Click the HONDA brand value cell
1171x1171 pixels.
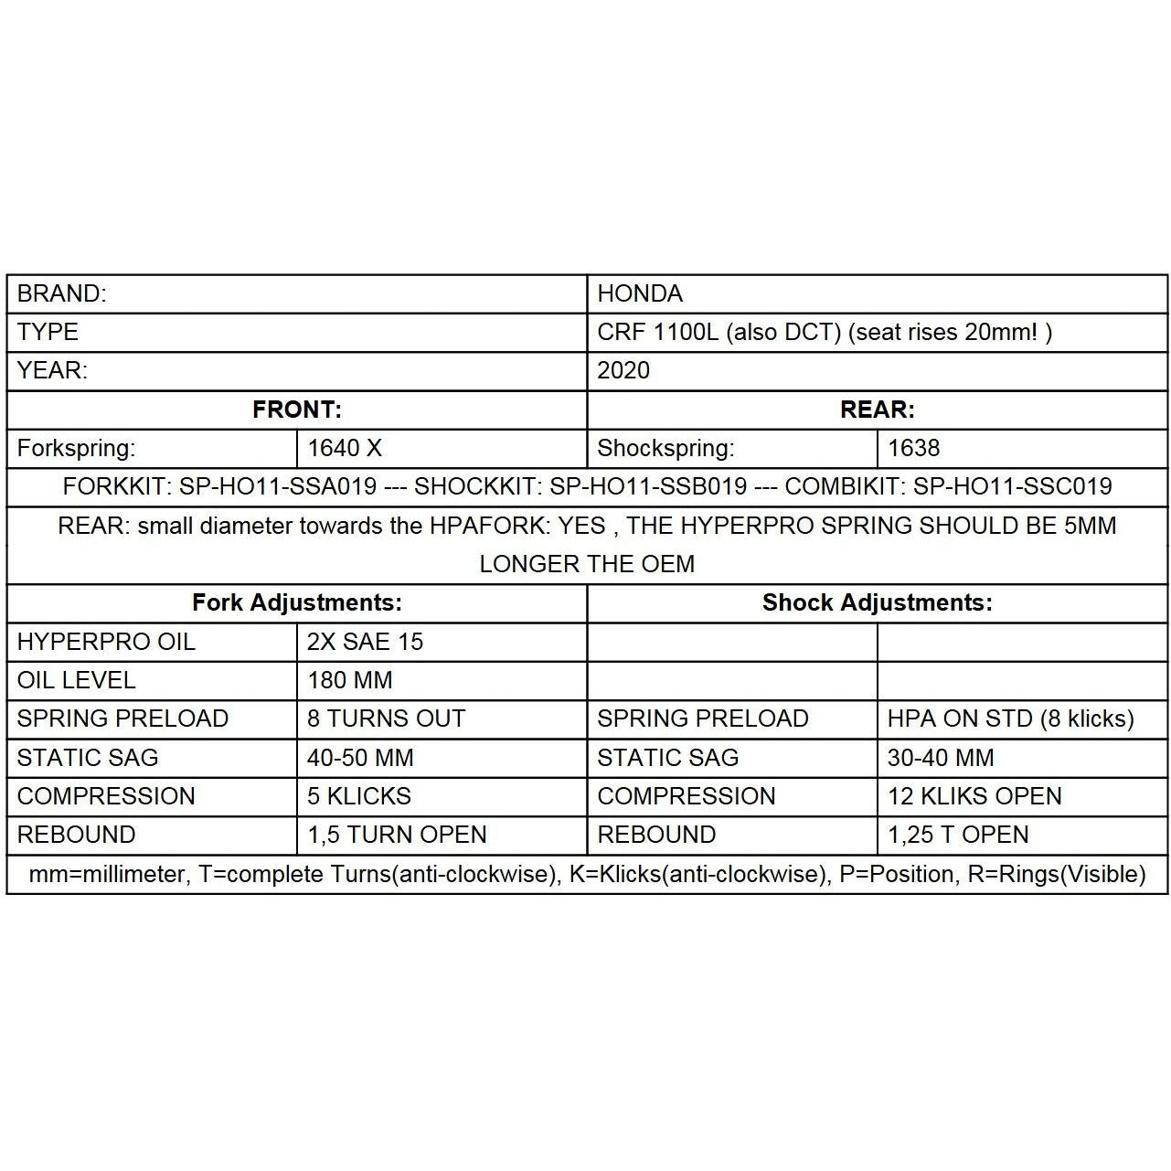(x=640, y=293)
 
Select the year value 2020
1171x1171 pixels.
(x=623, y=370)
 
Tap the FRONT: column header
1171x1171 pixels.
(x=297, y=410)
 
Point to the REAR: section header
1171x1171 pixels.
(x=877, y=410)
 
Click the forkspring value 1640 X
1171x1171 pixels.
(x=345, y=448)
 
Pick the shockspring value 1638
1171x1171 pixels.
(x=913, y=448)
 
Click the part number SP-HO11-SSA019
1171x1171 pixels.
(x=278, y=486)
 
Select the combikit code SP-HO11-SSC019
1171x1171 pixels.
(x=1013, y=486)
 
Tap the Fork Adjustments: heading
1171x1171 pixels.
(x=297, y=602)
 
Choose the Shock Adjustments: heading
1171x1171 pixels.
(x=877, y=602)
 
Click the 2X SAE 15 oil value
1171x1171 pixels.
(x=365, y=642)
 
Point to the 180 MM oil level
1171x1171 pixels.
(x=349, y=680)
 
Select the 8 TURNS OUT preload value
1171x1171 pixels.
(x=386, y=719)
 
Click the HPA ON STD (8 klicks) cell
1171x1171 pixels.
(x=1010, y=719)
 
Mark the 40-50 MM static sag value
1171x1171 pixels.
(x=360, y=758)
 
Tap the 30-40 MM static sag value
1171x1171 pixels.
(x=941, y=758)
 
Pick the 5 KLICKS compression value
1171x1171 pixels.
(x=358, y=796)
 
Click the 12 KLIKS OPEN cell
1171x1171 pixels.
(x=974, y=796)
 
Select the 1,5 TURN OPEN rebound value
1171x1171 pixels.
(x=397, y=835)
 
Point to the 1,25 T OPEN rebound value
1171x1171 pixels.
(x=958, y=835)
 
